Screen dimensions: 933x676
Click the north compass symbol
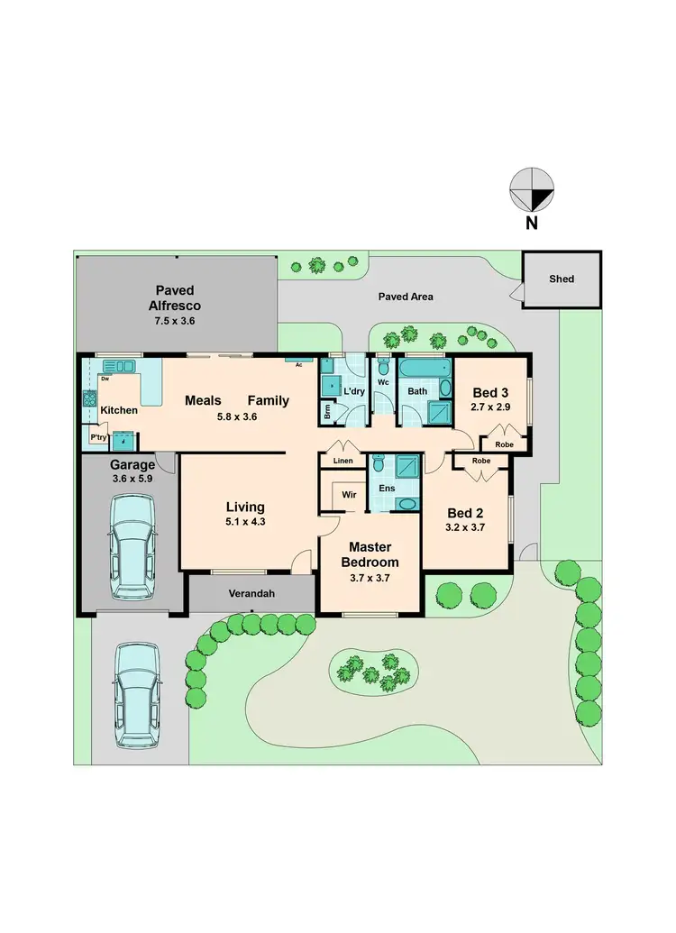tap(532, 190)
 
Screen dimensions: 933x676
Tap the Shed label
tap(562, 279)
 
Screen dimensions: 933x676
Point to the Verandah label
tap(251, 595)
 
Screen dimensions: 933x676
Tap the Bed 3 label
tap(491, 392)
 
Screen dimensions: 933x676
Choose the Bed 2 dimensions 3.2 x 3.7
tap(465, 527)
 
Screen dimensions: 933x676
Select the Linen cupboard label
tap(343, 462)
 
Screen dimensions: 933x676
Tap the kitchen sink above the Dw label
tap(118, 366)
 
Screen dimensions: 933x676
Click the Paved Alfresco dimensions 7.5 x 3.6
tap(175, 320)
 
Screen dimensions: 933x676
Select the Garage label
tap(132, 465)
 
